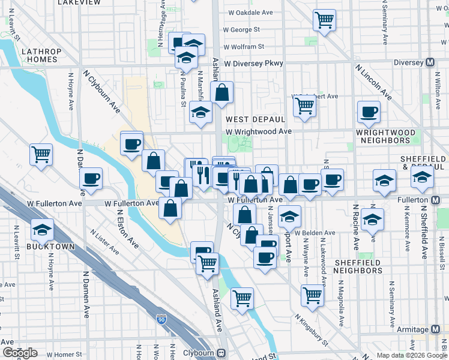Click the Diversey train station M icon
tap(430, 62)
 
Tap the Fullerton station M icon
tap(436, 199)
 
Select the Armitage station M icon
tap(436, 330)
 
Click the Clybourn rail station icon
tap(221, 353)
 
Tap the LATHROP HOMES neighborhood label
tap(40, 55)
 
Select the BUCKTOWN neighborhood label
tap(50, 247)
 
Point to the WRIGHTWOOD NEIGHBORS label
tap(391, 136)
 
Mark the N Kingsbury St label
tap(311, 331)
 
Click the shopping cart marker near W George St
tap(324, 20)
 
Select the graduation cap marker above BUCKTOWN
tap(42, 230)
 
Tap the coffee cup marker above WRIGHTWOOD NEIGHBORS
tap(369, 112)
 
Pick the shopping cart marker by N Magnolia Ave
tap(313, 295)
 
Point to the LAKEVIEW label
tap(79, 3)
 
